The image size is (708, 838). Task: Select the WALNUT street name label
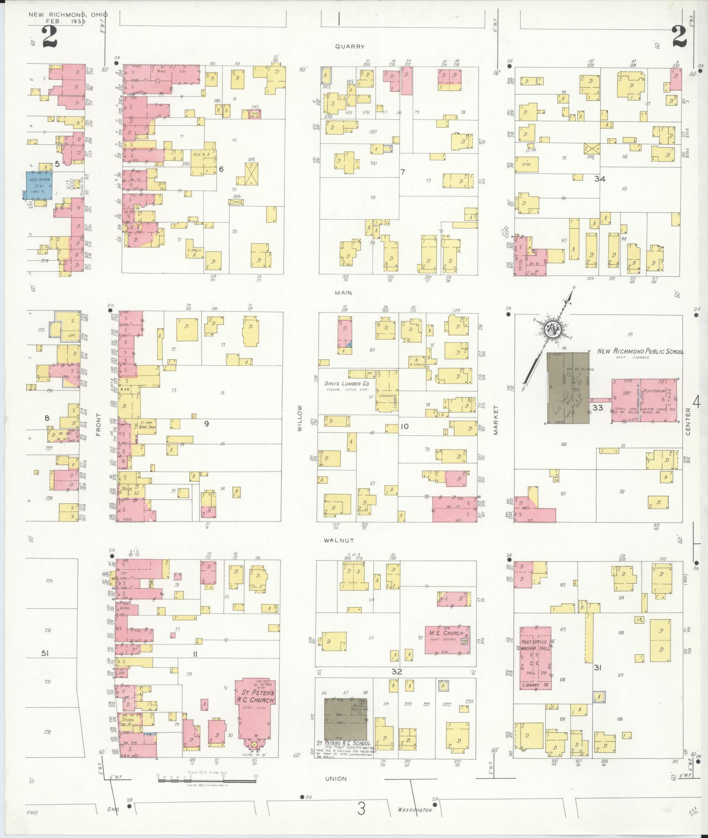[x=338, y=541]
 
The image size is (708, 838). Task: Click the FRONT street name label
[x=98, y=424]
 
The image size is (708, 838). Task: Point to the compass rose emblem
[x=553, y=331]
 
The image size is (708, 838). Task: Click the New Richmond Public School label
[x=639, y=351]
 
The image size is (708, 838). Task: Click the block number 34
[x=600, y=179]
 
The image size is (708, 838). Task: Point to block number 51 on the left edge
[x=45, y=653]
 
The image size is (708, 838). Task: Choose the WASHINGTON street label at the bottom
[x=415, y=810]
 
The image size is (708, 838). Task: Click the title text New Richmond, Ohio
[x=68, y=15]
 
